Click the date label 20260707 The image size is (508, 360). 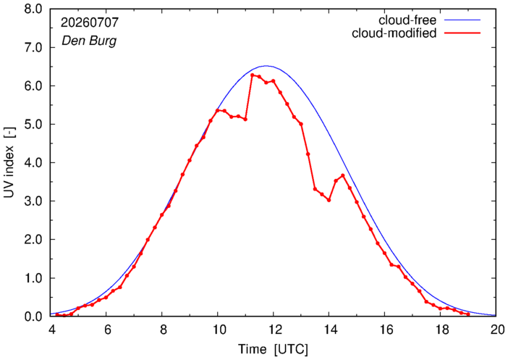90,22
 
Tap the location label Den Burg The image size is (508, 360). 89,41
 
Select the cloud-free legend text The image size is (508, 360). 407,20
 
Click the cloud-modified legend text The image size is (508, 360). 394,33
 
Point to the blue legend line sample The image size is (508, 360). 462,20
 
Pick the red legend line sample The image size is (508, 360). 462,33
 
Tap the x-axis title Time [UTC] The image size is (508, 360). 273,349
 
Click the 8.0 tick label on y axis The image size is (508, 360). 33,9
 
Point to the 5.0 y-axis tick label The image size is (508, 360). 33,124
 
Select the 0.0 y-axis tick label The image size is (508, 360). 33,317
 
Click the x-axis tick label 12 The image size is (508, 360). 273,330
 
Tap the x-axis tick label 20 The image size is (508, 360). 496,330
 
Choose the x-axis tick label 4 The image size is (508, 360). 51,330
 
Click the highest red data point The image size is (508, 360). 253,75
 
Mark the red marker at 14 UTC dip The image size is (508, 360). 329,201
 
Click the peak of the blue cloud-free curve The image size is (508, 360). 266,66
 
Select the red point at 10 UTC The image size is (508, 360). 217,110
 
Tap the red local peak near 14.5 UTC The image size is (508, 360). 343,175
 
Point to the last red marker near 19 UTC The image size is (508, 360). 468,314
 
